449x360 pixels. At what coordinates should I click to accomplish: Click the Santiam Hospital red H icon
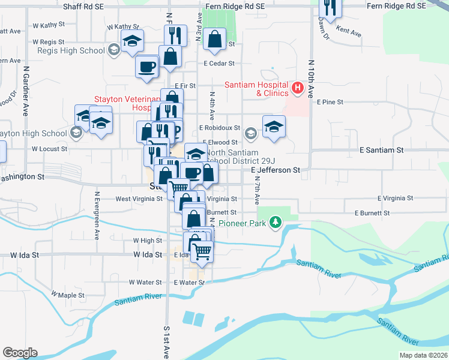click(x=297, y=89)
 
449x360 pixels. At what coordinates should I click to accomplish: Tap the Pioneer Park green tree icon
click(x=276, y=223)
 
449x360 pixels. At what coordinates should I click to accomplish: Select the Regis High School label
click(x=71, y=50)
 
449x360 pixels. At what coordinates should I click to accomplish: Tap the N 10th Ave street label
click(x=311, y=79)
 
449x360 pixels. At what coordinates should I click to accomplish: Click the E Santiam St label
click(x=381, y=149)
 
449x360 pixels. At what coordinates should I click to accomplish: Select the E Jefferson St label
click(x=275, y=170)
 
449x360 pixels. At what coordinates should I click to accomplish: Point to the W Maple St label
click(x=68, y=295)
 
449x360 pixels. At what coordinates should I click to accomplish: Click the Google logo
click(x=20, y=353)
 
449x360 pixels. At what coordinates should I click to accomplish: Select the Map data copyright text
click(x=423, y=355)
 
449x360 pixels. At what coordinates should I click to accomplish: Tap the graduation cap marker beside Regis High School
click(x=132, y=42)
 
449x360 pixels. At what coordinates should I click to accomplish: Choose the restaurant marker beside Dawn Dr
click(x=329, y=7)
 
